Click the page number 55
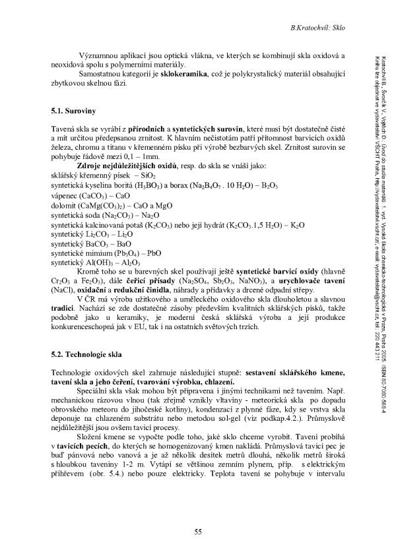[197, 532]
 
